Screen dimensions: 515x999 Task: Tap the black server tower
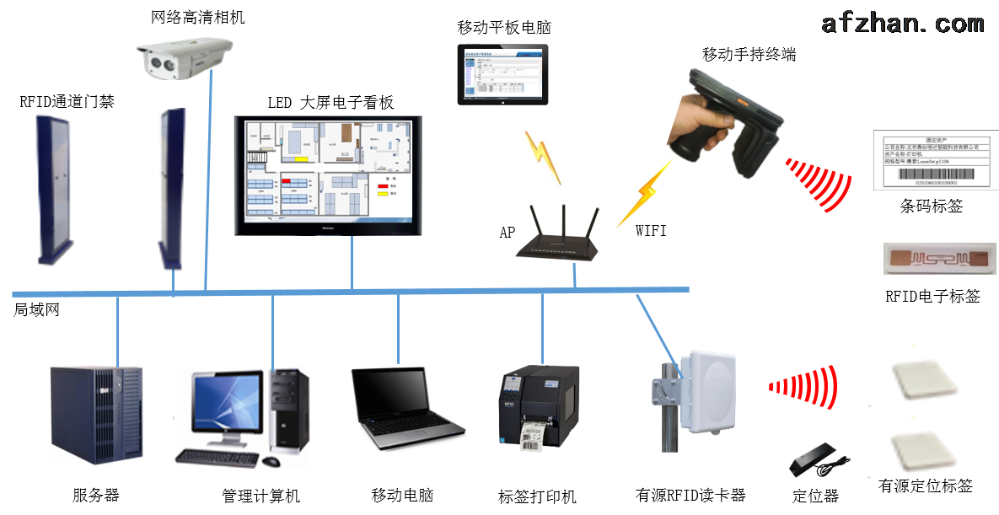click(94, 414)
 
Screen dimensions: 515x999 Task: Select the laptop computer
click(406, 409)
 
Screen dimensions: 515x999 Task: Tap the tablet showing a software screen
click(503, 72)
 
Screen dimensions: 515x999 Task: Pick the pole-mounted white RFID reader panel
click(705, 393)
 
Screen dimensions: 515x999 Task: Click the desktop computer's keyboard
click(217, 458)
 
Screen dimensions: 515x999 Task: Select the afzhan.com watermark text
click(902, 23)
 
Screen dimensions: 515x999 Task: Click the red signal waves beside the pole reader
click(805, 387)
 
